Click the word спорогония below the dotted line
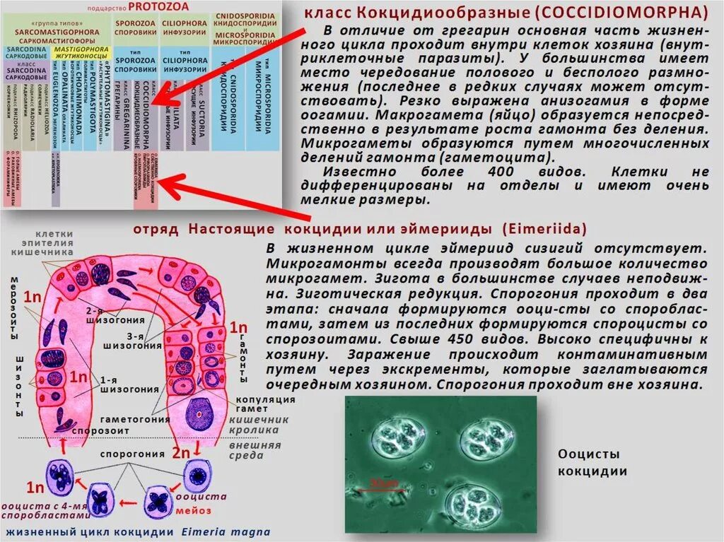[123, 453]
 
